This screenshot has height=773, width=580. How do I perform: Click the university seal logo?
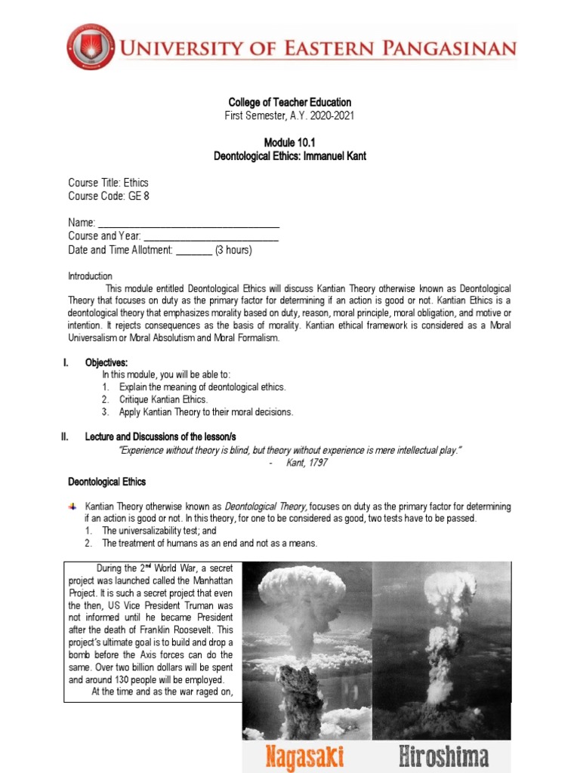(x=91, y=48)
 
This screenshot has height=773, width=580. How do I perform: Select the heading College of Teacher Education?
(x=290, y=103)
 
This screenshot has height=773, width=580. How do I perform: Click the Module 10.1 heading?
(x=289, y=143)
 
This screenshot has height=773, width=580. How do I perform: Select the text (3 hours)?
(x=233, y=250)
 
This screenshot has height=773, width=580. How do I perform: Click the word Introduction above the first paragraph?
(x=90, y=276)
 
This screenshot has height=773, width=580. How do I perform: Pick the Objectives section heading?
(x=106, y=363)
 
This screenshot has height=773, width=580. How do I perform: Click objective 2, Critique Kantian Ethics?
(x=163, y=399)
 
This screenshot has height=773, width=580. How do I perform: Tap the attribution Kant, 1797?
(x=307, y=463)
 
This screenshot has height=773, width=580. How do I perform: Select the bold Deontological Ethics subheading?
(x=107, y=482)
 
